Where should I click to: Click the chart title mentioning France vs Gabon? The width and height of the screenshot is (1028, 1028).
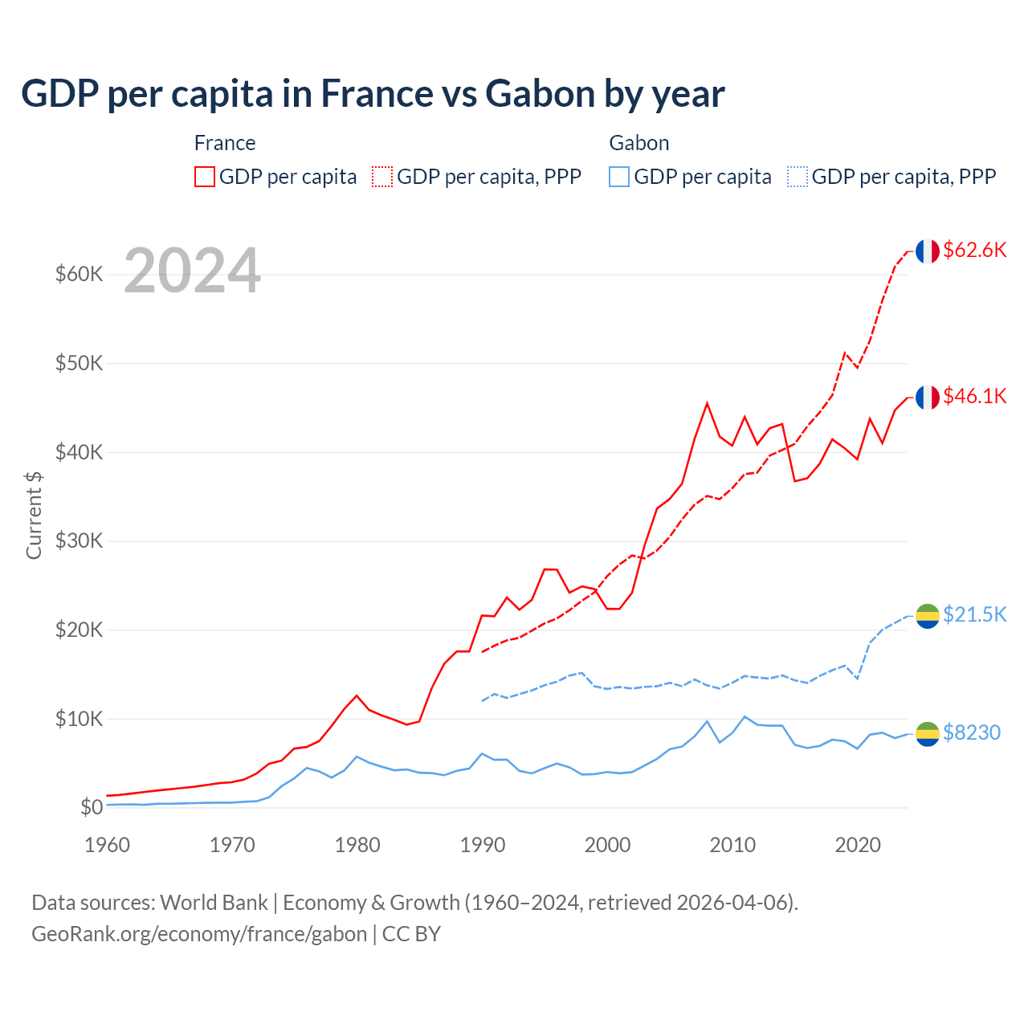pos(373,94)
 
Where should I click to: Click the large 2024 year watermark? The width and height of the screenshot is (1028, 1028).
pos(192,271)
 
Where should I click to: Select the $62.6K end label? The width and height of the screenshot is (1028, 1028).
pos(974,250)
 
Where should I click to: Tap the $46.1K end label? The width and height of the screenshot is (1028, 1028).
pos(974,396)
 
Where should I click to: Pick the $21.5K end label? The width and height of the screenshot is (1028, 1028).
pos(974,614)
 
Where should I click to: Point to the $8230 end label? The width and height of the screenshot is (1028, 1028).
pos(971,732)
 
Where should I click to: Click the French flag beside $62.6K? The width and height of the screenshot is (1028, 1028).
pos(928,251)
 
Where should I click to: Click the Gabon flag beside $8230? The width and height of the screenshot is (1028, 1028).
pos(928,733)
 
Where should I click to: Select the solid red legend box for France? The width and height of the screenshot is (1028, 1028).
pos(205,177)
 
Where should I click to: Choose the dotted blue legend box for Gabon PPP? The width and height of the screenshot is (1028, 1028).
pos(798,177)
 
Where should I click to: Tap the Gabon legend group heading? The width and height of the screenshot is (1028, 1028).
pos(638,143)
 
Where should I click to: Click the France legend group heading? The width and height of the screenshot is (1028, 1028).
pos(225,143)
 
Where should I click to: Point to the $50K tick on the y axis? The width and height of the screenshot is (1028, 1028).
pos(79,363)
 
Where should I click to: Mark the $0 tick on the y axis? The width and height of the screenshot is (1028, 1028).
pos(92,807)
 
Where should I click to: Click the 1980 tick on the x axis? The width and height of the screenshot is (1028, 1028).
pos(357,845)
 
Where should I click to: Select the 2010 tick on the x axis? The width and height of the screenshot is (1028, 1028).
pos(732,845)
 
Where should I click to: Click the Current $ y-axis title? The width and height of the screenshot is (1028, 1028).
pos(34,515)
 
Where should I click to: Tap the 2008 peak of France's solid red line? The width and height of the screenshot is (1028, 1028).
pos(707,403)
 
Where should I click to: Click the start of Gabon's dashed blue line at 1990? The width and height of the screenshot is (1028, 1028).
pos(482,701)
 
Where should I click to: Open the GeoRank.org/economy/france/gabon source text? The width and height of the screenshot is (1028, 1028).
pos(199,934)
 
